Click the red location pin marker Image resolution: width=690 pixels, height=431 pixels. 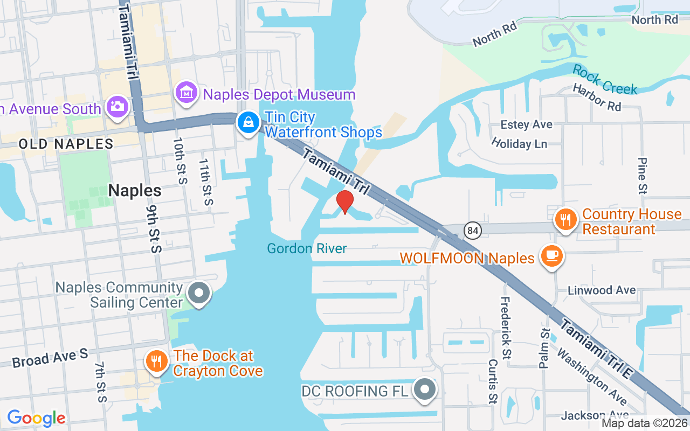tap(344, 202)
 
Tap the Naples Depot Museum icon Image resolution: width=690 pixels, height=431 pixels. tap(186, 93)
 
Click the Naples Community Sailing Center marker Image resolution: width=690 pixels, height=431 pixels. tap(199, 294)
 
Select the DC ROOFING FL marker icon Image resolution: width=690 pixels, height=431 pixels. tap(425, 389)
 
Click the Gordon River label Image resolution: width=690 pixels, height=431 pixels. tap(307, 248)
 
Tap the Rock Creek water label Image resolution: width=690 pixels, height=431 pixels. tap(605, 80)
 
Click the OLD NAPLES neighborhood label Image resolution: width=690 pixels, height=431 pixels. tap(66, 144)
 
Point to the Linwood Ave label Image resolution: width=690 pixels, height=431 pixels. tap(602, 290)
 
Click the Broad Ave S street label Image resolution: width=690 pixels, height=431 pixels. tap(50, 357)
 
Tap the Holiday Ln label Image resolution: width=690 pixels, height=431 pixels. tap(519, 143)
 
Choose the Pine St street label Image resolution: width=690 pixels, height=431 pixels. tap(642, 175)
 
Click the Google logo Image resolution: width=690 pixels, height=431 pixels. tap(36, 418)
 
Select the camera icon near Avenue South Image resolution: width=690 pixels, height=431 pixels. tap(117, 106)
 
